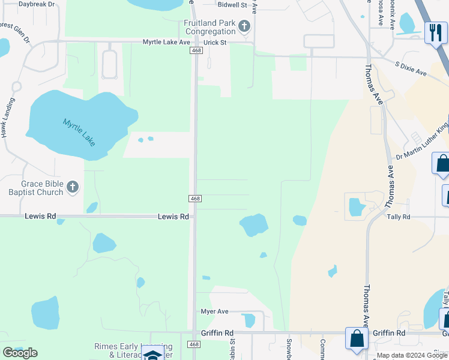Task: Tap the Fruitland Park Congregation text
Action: (x=209, y=27)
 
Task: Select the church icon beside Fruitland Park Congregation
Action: (x=244, y=26)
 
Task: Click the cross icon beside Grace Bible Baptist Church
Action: (x=72, y=187)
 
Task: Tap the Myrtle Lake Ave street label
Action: (x=166, y=42)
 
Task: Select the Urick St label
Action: (x=214, y=42)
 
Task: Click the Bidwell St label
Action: (x=233, y=5)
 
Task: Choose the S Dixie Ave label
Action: (x=411, y=68)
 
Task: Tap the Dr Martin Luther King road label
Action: (x=422, y=142)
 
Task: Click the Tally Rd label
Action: (x=399, y=217)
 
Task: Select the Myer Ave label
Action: (x=214, y=311)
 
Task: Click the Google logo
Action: (x=20, y=353)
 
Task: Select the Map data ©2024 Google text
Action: (x=412, y=356)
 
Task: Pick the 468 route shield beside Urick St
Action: (x=196, y=52)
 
